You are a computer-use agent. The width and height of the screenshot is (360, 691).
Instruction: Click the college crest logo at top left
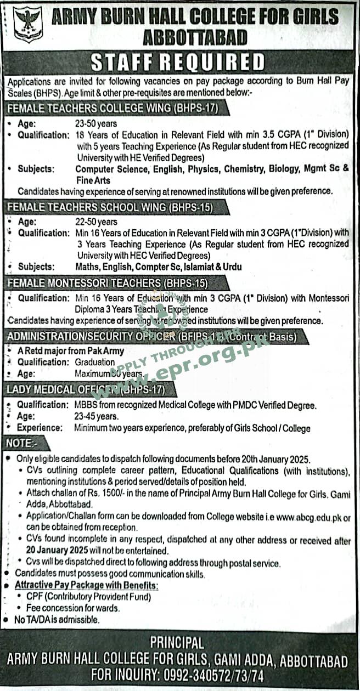27,25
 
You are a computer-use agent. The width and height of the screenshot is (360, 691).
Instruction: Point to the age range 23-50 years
96,124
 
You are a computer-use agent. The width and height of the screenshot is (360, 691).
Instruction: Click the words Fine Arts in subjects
93,180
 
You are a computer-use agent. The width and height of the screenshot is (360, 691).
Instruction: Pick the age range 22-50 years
96,222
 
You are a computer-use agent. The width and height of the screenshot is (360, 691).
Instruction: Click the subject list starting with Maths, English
158,267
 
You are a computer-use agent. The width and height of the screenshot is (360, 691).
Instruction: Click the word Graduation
95,362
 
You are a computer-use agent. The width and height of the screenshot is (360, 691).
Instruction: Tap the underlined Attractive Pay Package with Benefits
86,586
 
